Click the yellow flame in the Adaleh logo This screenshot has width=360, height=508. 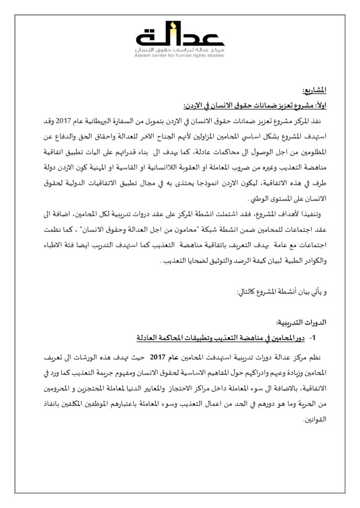pos(172,26)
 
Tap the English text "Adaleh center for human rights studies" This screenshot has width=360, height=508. pos(180,55)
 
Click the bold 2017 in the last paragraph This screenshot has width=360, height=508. pos(157,358)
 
